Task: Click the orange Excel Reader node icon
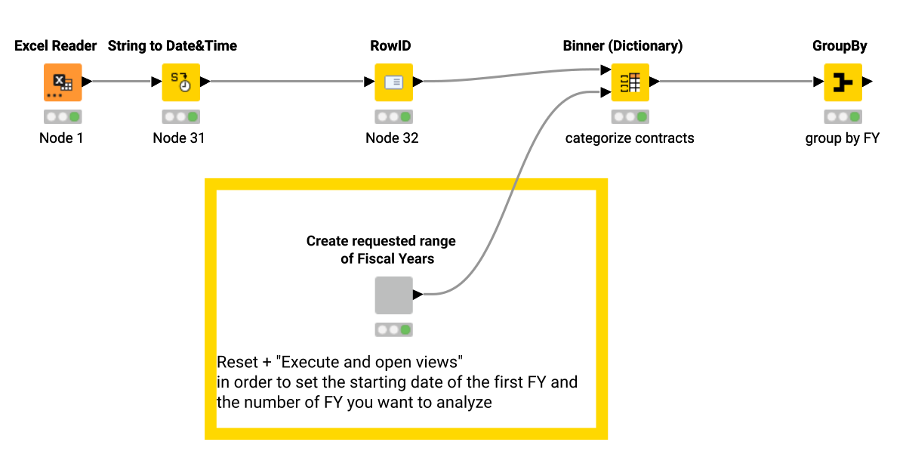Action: point(61,82)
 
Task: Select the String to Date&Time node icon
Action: point(180,82)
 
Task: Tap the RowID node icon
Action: point(393,82)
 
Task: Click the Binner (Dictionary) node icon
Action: point(630,82)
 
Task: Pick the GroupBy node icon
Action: point(843,82)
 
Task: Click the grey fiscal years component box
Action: point(393,295)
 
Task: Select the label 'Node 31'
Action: point(179,138)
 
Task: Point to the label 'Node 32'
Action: point(392,138)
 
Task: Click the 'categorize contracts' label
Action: point(630,138)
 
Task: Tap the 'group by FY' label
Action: point(842,138)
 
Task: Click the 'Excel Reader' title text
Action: point(56,46)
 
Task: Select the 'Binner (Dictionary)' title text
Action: point(623,46)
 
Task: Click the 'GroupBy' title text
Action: point(840,46)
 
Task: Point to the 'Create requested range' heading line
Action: point(381,241)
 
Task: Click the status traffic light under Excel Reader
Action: point(62,117)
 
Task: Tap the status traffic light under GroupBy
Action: point(843,117)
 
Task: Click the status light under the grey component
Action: point(393,330)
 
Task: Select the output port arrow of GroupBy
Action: point(867,82)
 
